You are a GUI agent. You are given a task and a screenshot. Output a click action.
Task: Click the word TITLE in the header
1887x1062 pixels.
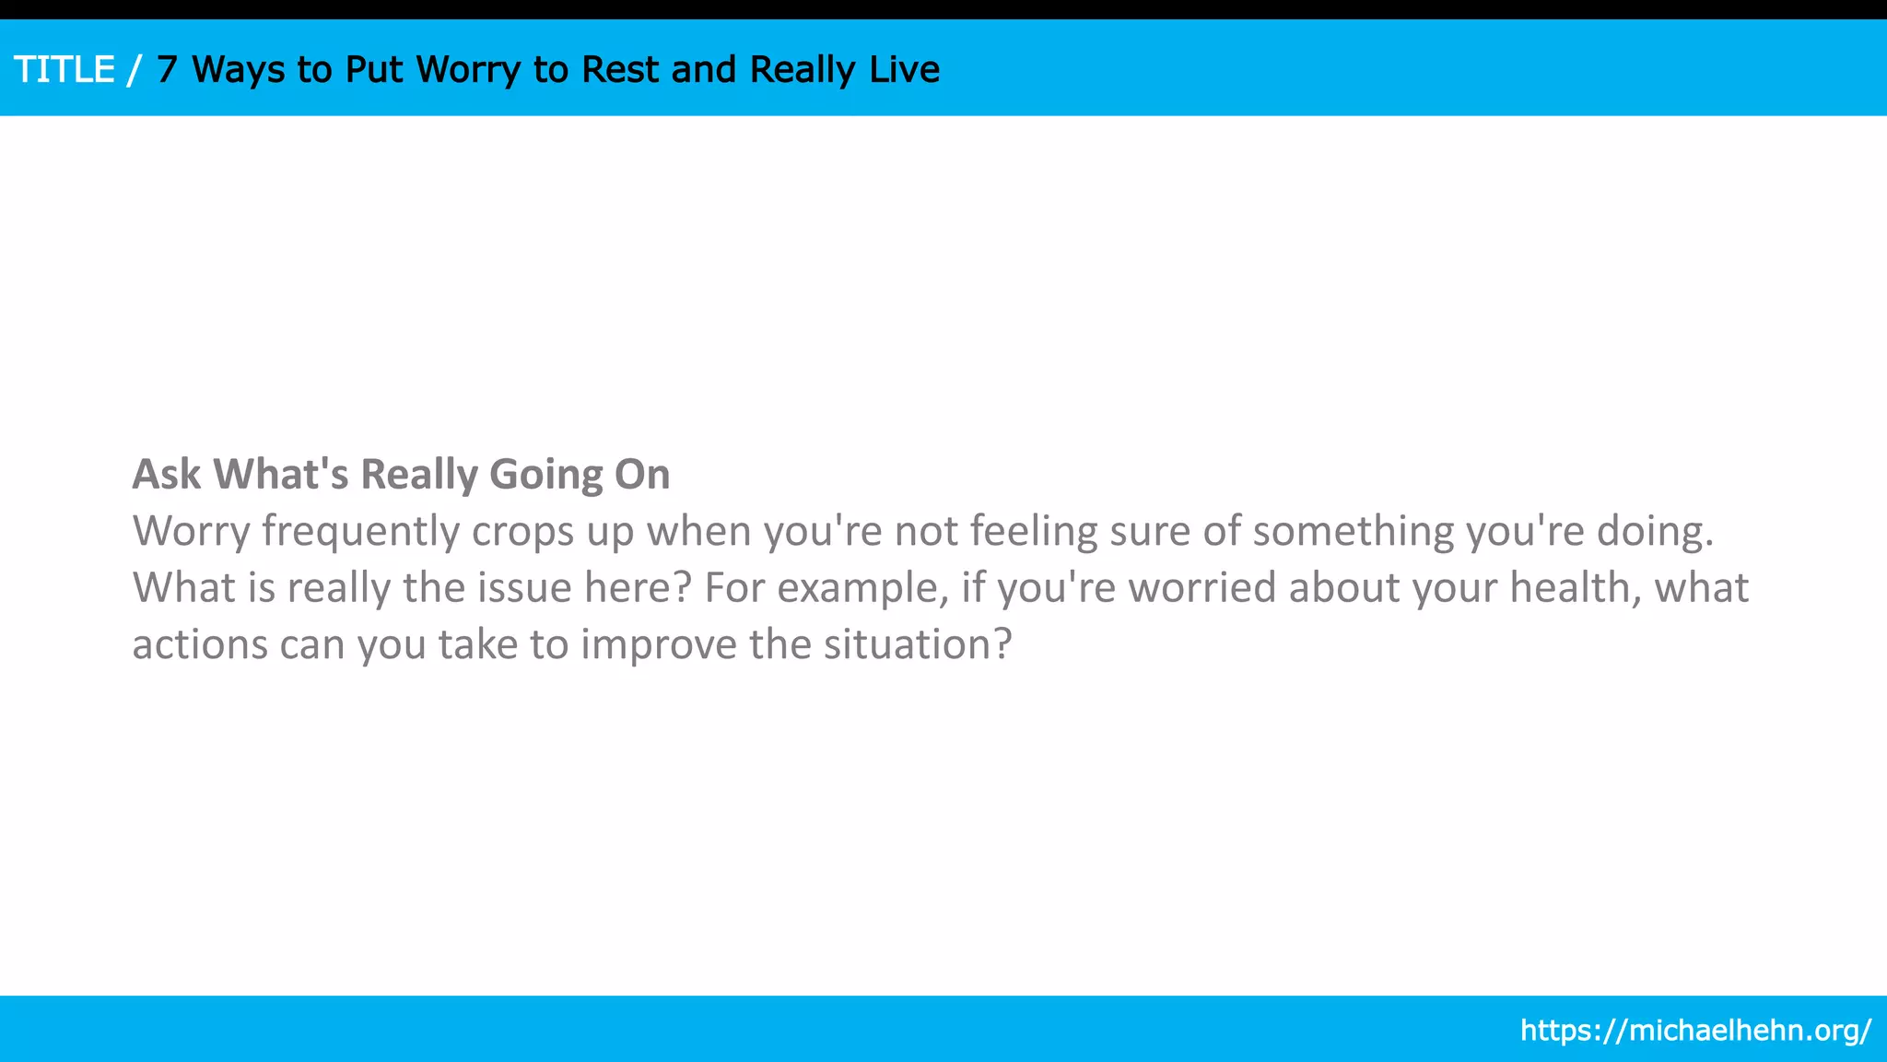pos(64,70)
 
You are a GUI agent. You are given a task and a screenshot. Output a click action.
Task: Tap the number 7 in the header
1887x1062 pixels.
pos(166,70)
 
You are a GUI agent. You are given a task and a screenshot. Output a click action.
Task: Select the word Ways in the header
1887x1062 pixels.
pos(238,70)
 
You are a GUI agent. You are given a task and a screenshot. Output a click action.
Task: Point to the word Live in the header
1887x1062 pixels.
pos(904,70)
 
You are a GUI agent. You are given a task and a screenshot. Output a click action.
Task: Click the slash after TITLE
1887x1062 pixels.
pos(135,70)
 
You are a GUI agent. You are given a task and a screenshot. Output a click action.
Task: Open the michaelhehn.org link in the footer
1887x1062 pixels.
pos(1695,1030)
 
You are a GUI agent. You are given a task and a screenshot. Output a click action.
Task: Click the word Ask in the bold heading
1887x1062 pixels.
pos(167,474)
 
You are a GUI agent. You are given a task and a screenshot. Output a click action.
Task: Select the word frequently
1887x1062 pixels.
pos(360,532)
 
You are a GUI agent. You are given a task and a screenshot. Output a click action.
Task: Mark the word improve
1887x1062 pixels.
pos(658,644)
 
